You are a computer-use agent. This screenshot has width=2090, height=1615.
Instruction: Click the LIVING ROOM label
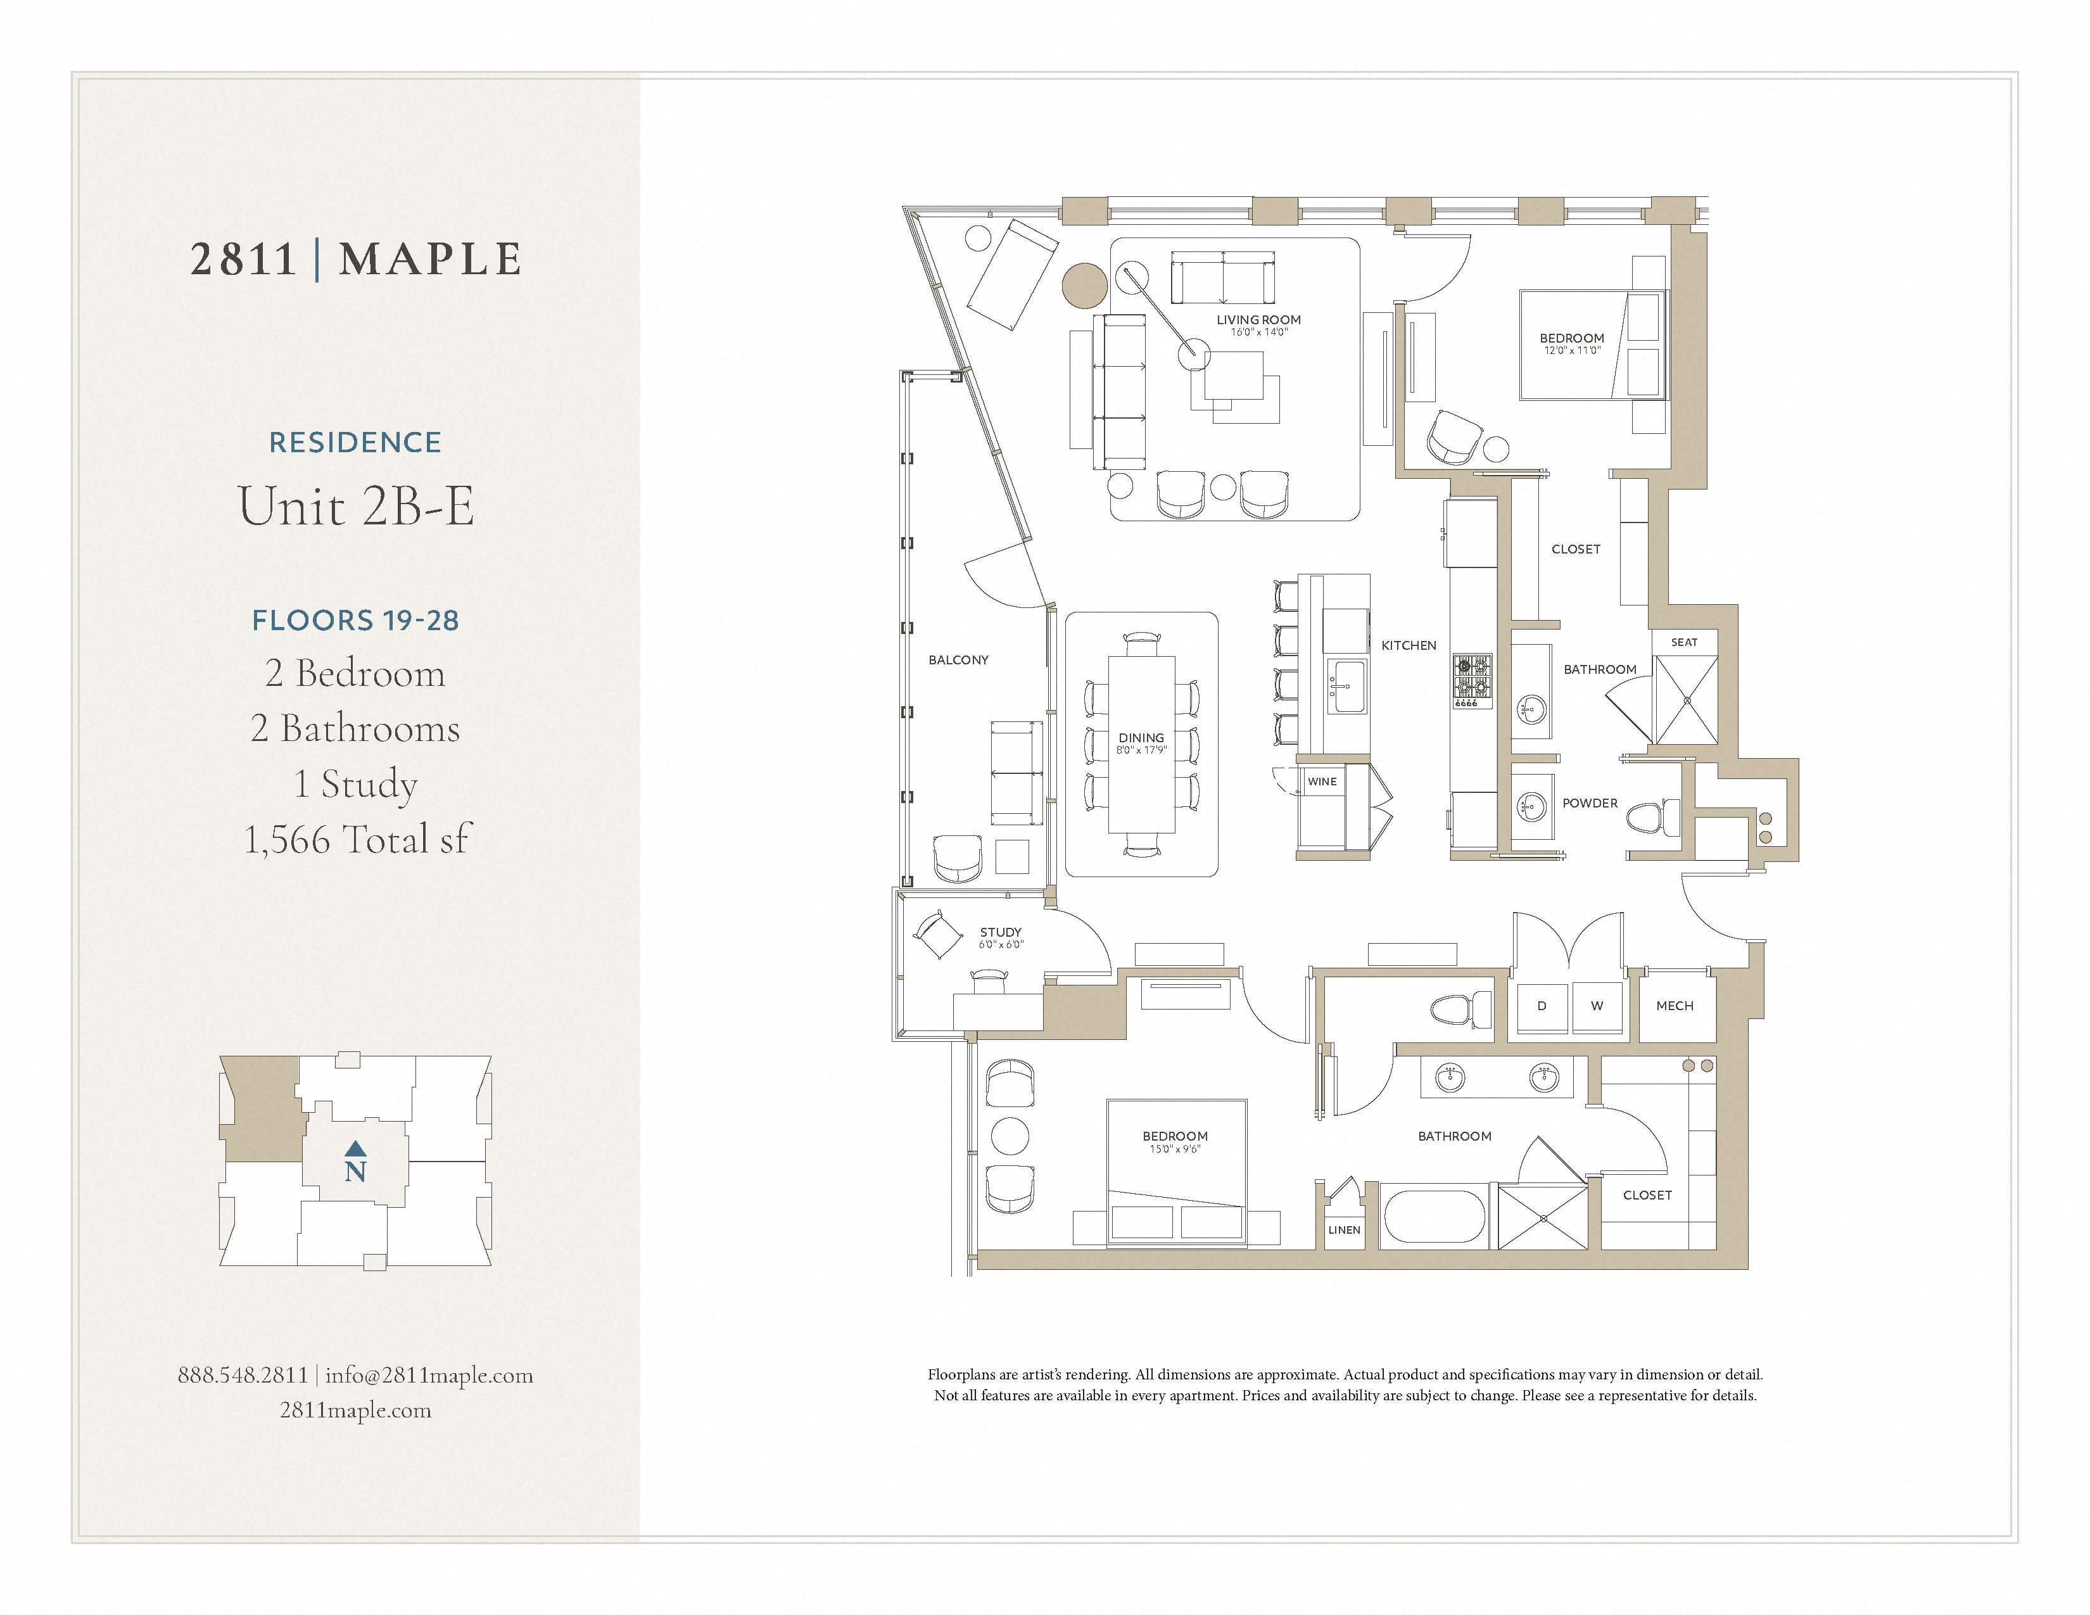pos(1258,320)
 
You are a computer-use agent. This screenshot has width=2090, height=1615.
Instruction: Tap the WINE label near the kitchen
pos(1322,782)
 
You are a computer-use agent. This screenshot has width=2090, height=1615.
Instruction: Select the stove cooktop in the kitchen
pos(1472,680)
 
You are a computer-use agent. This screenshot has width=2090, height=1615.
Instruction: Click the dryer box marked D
pos(1542,1006)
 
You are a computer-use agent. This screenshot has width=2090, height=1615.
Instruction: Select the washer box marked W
pos(1596,1006)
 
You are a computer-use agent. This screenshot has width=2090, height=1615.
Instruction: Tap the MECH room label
pos(1675,1006)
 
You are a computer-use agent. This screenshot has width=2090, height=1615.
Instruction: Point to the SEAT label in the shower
pos(1684,642)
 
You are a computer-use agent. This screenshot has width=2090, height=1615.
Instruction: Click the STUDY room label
pos(1000,932)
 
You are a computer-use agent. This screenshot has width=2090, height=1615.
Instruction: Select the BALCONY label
pos(958,660)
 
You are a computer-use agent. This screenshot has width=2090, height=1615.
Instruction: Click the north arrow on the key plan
pos(355,1148)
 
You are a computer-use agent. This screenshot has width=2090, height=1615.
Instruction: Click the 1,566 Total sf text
pos(356,839)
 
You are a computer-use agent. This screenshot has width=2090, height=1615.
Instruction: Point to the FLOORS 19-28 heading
pos(356,620)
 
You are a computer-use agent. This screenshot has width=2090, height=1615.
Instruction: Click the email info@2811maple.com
pos(429,1375)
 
